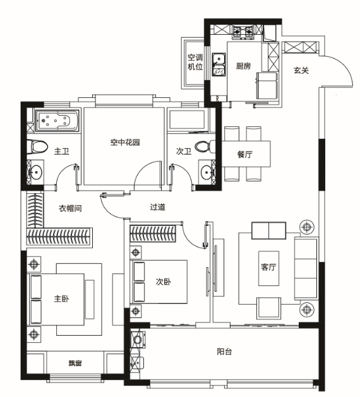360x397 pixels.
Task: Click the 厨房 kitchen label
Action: coord(243,66)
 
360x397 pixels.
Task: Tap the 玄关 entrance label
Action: coord(301,70)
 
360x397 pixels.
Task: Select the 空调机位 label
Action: coord(195,62)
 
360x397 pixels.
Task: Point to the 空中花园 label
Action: coord(125,142)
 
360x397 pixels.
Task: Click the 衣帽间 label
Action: coord(70,208)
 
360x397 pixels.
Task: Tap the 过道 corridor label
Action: coord(158,207)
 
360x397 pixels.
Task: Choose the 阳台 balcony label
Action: coord(224,352)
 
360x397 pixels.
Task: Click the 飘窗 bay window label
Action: coord(75,364)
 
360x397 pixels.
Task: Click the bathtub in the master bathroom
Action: coord(57,121)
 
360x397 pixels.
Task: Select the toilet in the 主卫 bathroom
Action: coord(37,147)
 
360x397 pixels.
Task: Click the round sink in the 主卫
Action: coord(36,172)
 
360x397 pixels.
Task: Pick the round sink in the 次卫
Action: coord(207,172)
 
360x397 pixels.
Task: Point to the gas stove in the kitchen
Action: coord(243,32)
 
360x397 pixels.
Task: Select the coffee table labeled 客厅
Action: coord(268,268)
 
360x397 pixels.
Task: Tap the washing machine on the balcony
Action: coord(138,340)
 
